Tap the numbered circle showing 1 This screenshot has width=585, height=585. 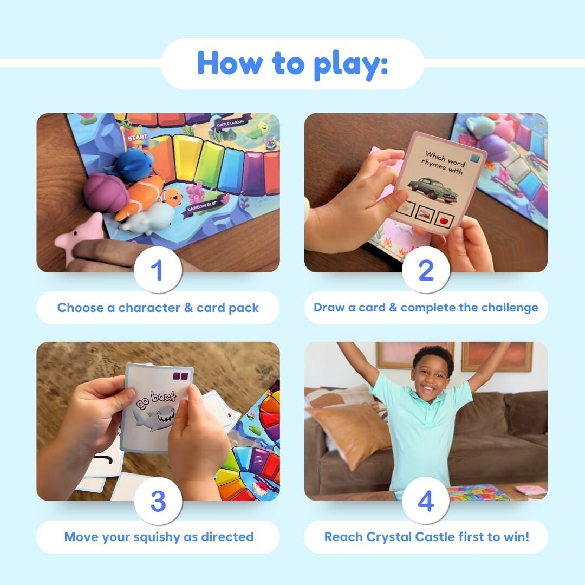[x=158, y=270]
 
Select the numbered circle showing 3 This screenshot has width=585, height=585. [x=158, y=501]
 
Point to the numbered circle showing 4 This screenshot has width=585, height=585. [x=426, y=501]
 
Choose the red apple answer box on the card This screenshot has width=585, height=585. [x=445, y=220]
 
